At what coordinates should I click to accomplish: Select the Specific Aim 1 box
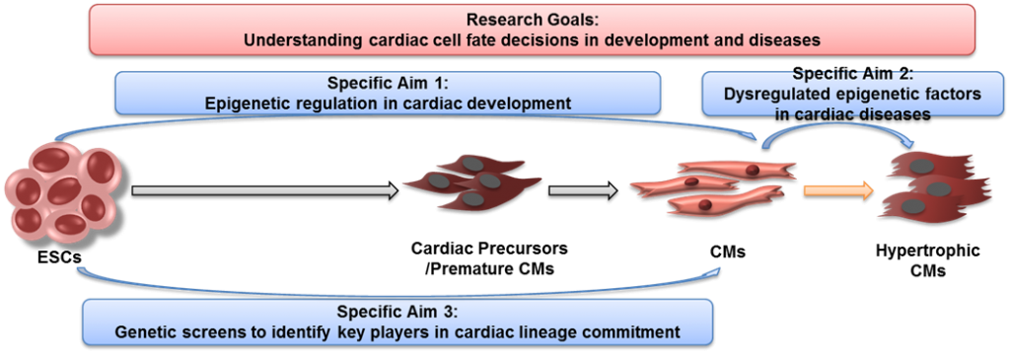pyautogui.click(x=387, y=94)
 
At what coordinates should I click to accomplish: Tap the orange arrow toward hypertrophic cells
pyautogui.click(x=838, y=189)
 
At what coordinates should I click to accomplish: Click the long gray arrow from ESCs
pyautogui.click(x=264, y=190)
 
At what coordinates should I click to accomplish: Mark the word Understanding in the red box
pyautogui.click(x=289, y=39)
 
